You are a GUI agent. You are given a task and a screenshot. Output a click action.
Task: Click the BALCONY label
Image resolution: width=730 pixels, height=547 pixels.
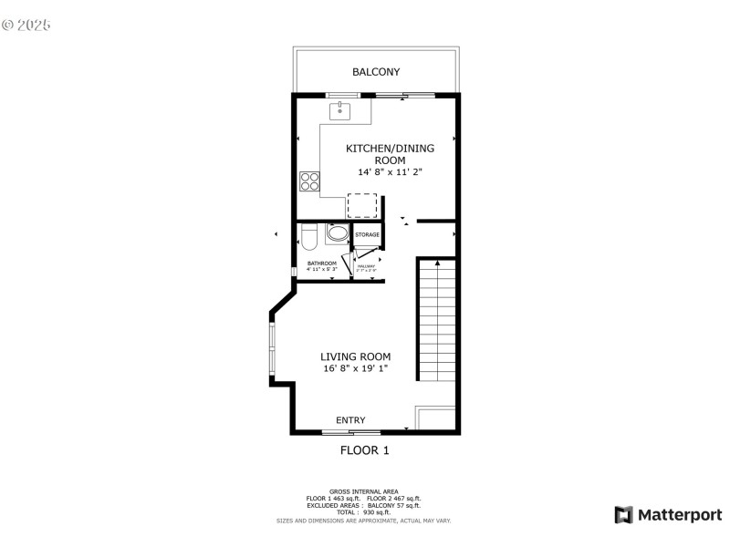(x=376, y=72)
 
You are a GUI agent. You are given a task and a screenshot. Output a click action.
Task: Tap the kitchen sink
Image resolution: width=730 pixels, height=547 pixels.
(x=340, y=110)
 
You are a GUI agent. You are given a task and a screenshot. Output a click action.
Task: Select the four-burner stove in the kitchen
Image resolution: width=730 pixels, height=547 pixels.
(x=310, y=181)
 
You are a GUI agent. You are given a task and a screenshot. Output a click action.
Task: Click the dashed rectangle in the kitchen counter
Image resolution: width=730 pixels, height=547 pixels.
(x=362, y=204)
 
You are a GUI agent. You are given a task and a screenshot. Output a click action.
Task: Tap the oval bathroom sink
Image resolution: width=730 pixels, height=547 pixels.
(x=337, y=233)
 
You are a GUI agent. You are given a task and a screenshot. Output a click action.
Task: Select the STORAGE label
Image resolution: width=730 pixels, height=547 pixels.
(x=367, y=235)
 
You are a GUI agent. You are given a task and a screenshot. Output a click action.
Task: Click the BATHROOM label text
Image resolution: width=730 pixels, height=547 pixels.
(x=321, y=263)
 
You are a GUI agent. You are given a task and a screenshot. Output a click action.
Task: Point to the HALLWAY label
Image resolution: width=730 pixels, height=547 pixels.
(x=367, y=265)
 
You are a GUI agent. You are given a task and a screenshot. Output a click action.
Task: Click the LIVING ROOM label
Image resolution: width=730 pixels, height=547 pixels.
(x=356, y=356)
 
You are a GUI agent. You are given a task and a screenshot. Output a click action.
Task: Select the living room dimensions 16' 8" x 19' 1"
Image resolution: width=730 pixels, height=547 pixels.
(x=356, y=369)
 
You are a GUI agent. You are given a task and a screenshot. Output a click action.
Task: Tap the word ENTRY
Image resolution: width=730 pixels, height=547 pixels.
(x=350, y=420)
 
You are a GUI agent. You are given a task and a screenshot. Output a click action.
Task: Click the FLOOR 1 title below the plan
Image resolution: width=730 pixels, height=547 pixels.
(x=365, y=449)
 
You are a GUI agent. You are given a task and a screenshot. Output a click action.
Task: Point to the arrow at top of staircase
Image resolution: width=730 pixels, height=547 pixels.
(x=437, y=263)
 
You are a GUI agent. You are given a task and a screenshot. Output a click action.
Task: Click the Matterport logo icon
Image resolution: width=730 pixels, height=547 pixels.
(x=623, y=515)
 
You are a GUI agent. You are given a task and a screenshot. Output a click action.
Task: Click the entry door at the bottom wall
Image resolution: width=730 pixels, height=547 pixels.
(x=351, y=431)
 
